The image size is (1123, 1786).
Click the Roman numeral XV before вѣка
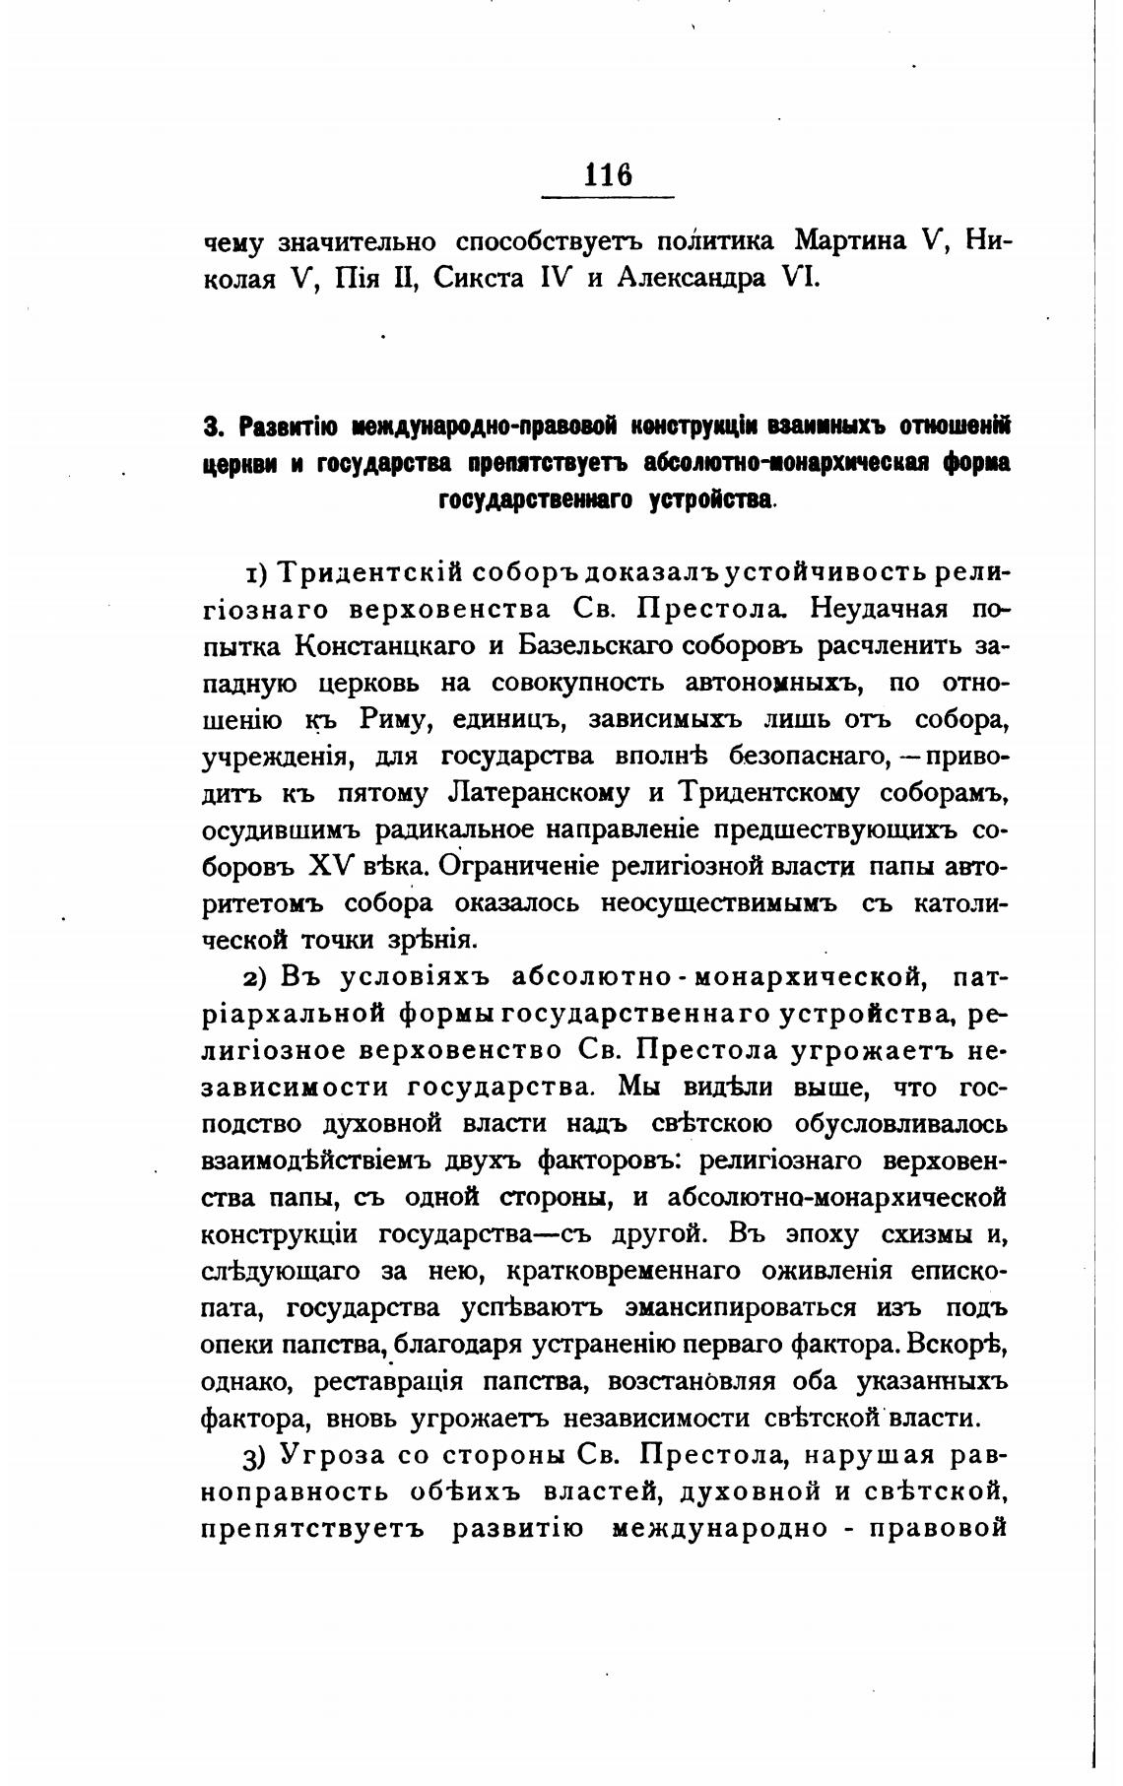click(330, 866)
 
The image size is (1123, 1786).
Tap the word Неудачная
click(879, 609)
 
